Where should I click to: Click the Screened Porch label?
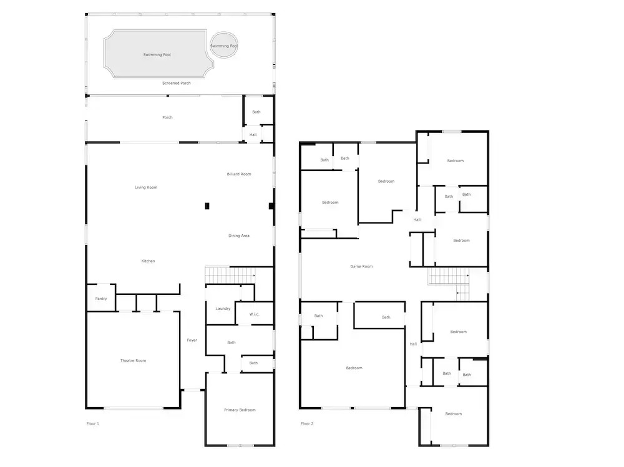(x=177, y=83)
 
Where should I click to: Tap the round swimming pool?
(x=224, y=45)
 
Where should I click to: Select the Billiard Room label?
(x=239, y=174)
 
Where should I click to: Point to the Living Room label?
(x=146, y=187)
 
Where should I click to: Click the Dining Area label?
(x=239, y=236)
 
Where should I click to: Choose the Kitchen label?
(x=148, y=261)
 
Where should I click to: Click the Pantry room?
(x=101, y=298)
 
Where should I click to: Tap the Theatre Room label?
(x=133, y=360)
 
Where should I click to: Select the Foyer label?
(x=192, y=340)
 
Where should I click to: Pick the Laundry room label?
(x=223, y=308)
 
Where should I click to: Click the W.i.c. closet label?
(x=255, y=314)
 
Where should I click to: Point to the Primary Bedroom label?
(x=240, y=410)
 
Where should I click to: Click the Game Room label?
(x=361, y=266)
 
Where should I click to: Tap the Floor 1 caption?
(x=93, y=423)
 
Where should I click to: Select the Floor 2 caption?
(x=307, y=423)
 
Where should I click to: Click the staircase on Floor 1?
(x=230, y=275)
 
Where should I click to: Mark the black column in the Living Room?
(x=207, y=206)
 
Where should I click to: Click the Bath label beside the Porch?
(x=256, y=112)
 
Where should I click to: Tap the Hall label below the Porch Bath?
(x=253, y=135)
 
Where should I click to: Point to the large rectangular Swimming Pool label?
(x=157, y=54)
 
